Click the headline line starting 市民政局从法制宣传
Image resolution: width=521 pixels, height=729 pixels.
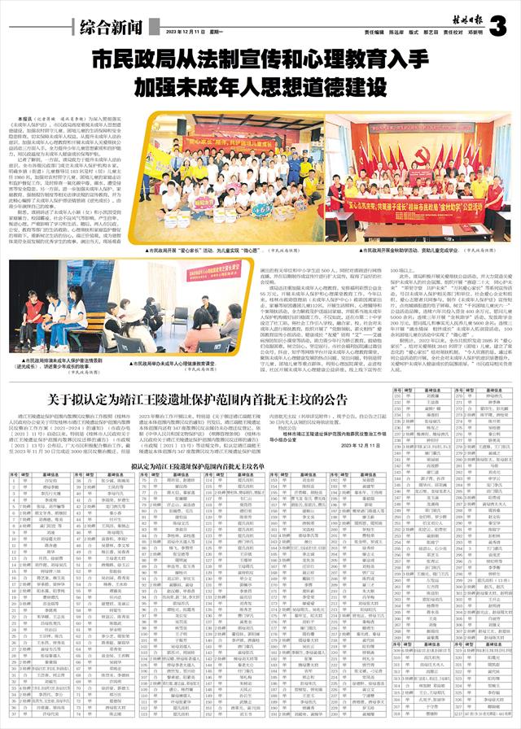260,61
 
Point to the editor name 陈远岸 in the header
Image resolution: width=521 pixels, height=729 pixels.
400,33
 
